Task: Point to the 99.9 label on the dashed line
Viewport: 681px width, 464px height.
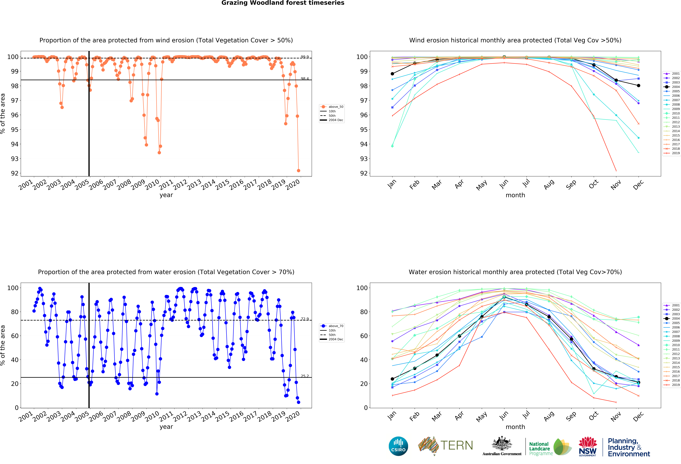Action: click(x=304, y=57)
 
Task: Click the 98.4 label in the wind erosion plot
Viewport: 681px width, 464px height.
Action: click(x=304, y=79)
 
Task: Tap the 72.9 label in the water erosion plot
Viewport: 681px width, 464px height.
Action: click(x=304, y=319)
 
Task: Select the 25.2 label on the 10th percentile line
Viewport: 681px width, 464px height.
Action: click(x=304, y=376)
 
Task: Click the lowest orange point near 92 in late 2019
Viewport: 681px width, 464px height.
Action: click(x=298, y=171)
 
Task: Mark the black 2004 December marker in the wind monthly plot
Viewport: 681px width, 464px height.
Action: click(x=638, y=86)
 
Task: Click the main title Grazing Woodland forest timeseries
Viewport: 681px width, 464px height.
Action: click(x=283, y=3)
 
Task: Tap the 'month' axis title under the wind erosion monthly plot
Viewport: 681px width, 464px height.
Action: click(x=515, y=195)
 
